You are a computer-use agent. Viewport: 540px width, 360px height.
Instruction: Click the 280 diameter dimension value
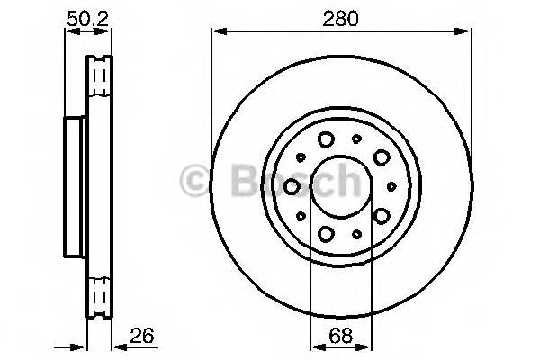[341, 17]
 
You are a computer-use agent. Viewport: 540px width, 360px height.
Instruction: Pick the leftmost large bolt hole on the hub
[292, 186]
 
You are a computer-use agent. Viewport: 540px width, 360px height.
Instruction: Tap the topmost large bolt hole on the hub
[326, 139]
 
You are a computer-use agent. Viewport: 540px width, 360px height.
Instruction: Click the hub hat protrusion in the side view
[76, 186]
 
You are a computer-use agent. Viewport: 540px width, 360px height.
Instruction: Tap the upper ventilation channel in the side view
[100, 76]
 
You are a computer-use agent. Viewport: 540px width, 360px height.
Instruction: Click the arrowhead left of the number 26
[117, 345]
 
